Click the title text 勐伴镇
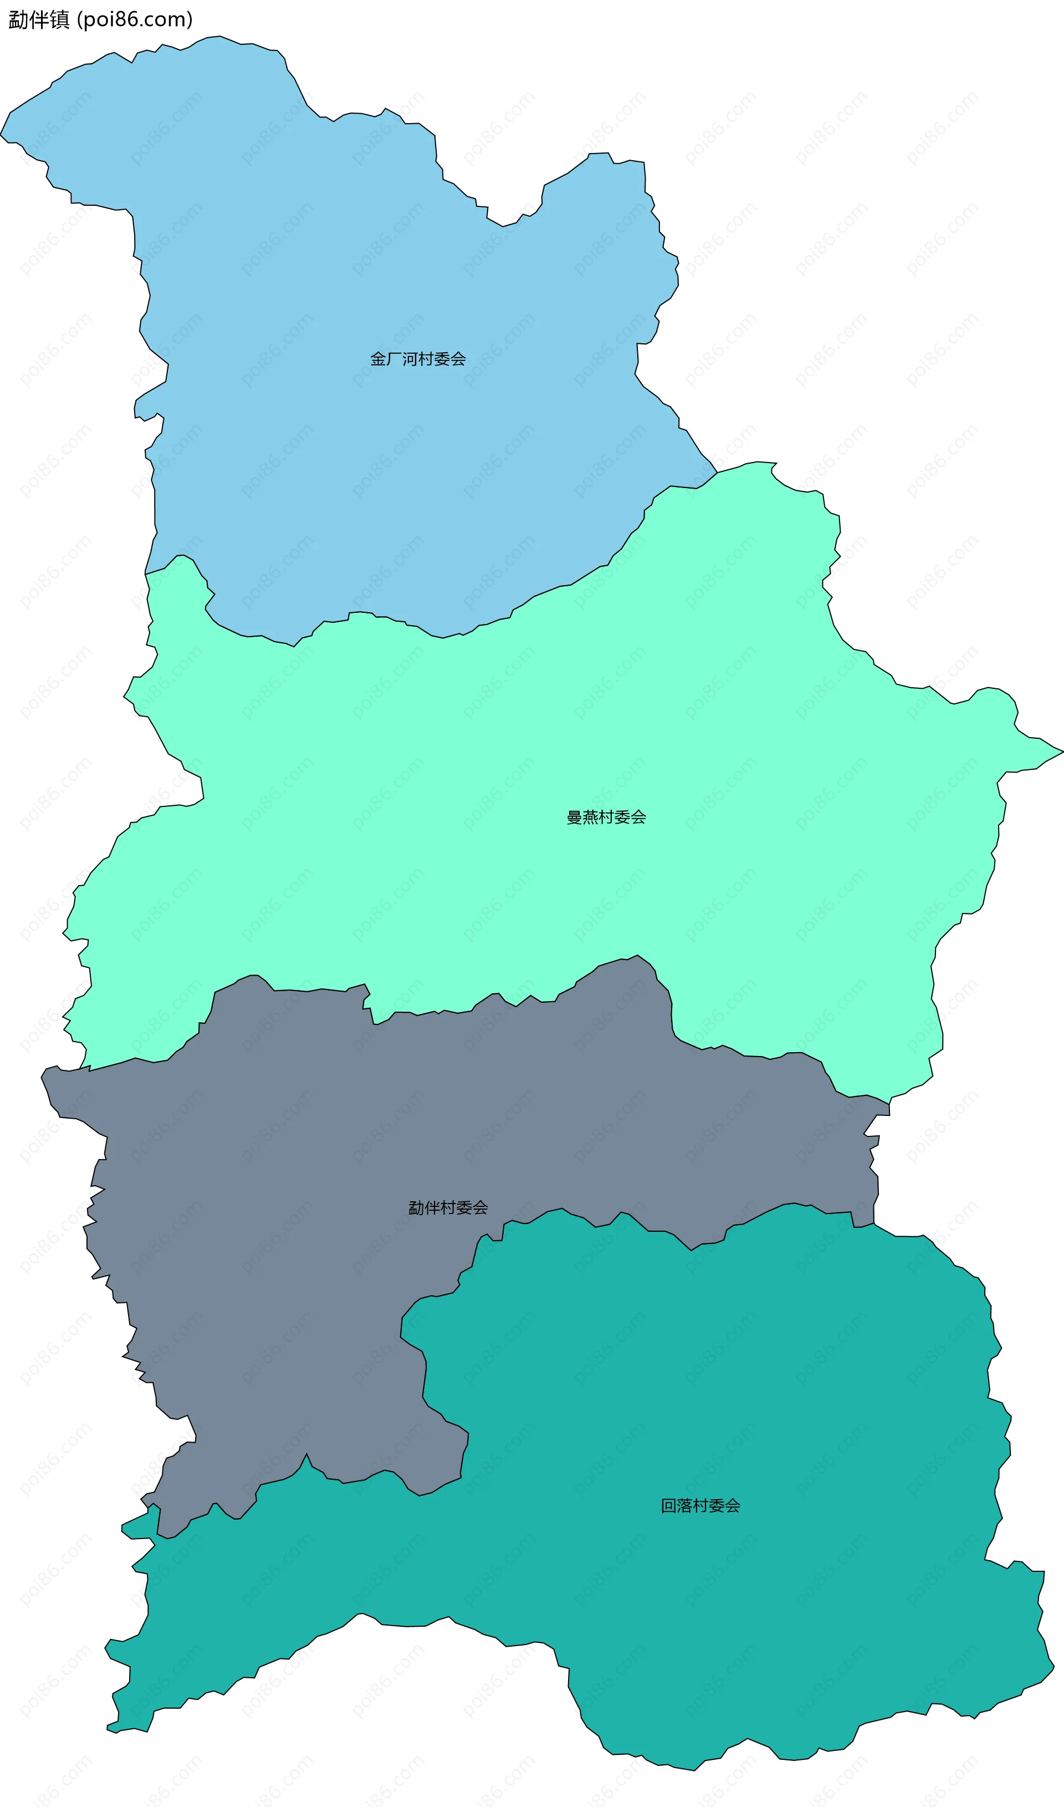coord(39,19)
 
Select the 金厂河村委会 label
coord(417,359)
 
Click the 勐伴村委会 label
coord(448,1208)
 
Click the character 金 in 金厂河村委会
coord(378,359)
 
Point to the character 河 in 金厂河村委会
coord(410,359)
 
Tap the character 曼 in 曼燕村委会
coord(574,817)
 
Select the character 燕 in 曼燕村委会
coord(590,817)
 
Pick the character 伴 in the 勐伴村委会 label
coord(432,1208)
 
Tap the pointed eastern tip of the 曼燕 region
coord(1061,753)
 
